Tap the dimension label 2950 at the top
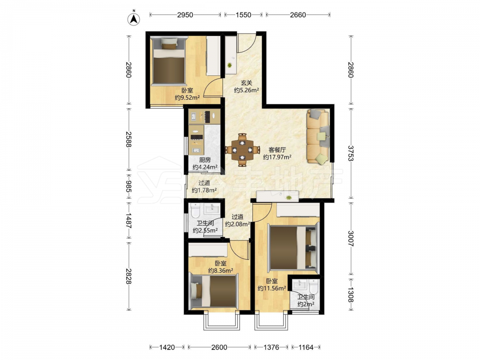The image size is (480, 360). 185,15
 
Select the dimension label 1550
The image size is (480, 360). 243,15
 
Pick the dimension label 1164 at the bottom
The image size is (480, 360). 306,347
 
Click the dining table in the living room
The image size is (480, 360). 242,150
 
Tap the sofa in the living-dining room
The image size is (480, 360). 318,136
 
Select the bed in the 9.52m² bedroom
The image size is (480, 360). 169,60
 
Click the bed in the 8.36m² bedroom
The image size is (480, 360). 214,291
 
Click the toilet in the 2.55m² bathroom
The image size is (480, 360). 195,211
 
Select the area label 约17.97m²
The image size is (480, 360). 277,157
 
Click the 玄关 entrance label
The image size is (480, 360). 246,83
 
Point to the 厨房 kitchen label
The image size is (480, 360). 205,160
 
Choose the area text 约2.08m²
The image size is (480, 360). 238,224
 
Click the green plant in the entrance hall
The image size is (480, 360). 229,65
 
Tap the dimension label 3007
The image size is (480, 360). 351,239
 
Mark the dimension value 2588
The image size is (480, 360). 129,140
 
